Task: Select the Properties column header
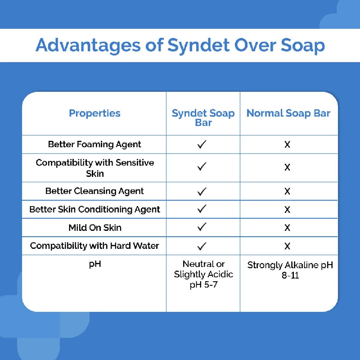[x=94, y=113]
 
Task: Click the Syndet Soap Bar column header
[x=203, y=117]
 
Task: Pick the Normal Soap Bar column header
[x=288, y=113]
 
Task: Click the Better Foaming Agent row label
[x=94, y=144]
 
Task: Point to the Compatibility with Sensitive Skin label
[x=94, y=168]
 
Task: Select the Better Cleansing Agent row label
[x=94, y=191]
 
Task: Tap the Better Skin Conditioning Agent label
[x=94, y=209]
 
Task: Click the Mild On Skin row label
[x=94, y=228]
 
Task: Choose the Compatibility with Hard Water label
[x=94, y=246]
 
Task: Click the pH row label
[x=94, y=264]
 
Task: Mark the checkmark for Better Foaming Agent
[x=202, y=144]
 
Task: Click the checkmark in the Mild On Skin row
[x=202, y=227]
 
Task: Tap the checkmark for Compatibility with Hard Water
[x=202, y=246]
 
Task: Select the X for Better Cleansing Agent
[x=287, y=191]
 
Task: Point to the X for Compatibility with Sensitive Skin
[x=287, y=167]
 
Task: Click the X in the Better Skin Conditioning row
[x=287, y=210]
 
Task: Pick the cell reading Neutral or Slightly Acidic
[x=203, y=274]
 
